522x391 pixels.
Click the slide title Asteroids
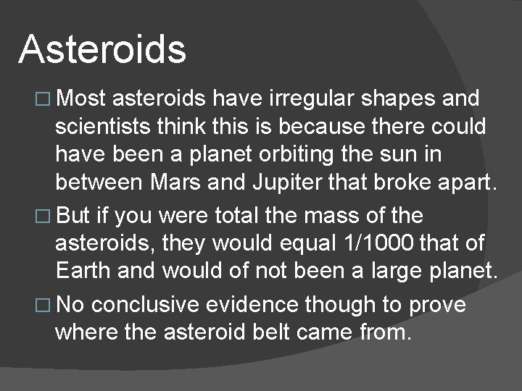pyautogui.click(x=102, y=49)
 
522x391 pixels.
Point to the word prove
pyautogui.click(x=436, y=304)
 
